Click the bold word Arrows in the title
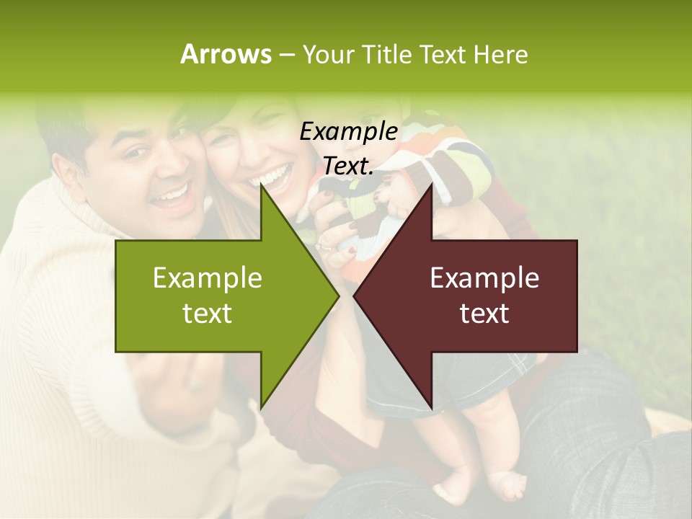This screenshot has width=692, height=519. click(226, 54)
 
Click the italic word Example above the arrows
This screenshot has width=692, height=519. click(348, 132)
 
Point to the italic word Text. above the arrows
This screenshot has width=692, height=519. click(348, 166)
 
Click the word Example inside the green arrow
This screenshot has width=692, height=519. click(207, 278)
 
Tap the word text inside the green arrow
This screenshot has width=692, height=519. click(207, 314)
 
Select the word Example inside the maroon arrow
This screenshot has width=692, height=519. click(484, 278)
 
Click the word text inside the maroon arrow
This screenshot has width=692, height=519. click(484, 314)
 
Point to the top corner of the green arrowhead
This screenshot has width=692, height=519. click(262, 185)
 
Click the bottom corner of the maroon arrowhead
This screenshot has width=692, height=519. click(431, 409)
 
